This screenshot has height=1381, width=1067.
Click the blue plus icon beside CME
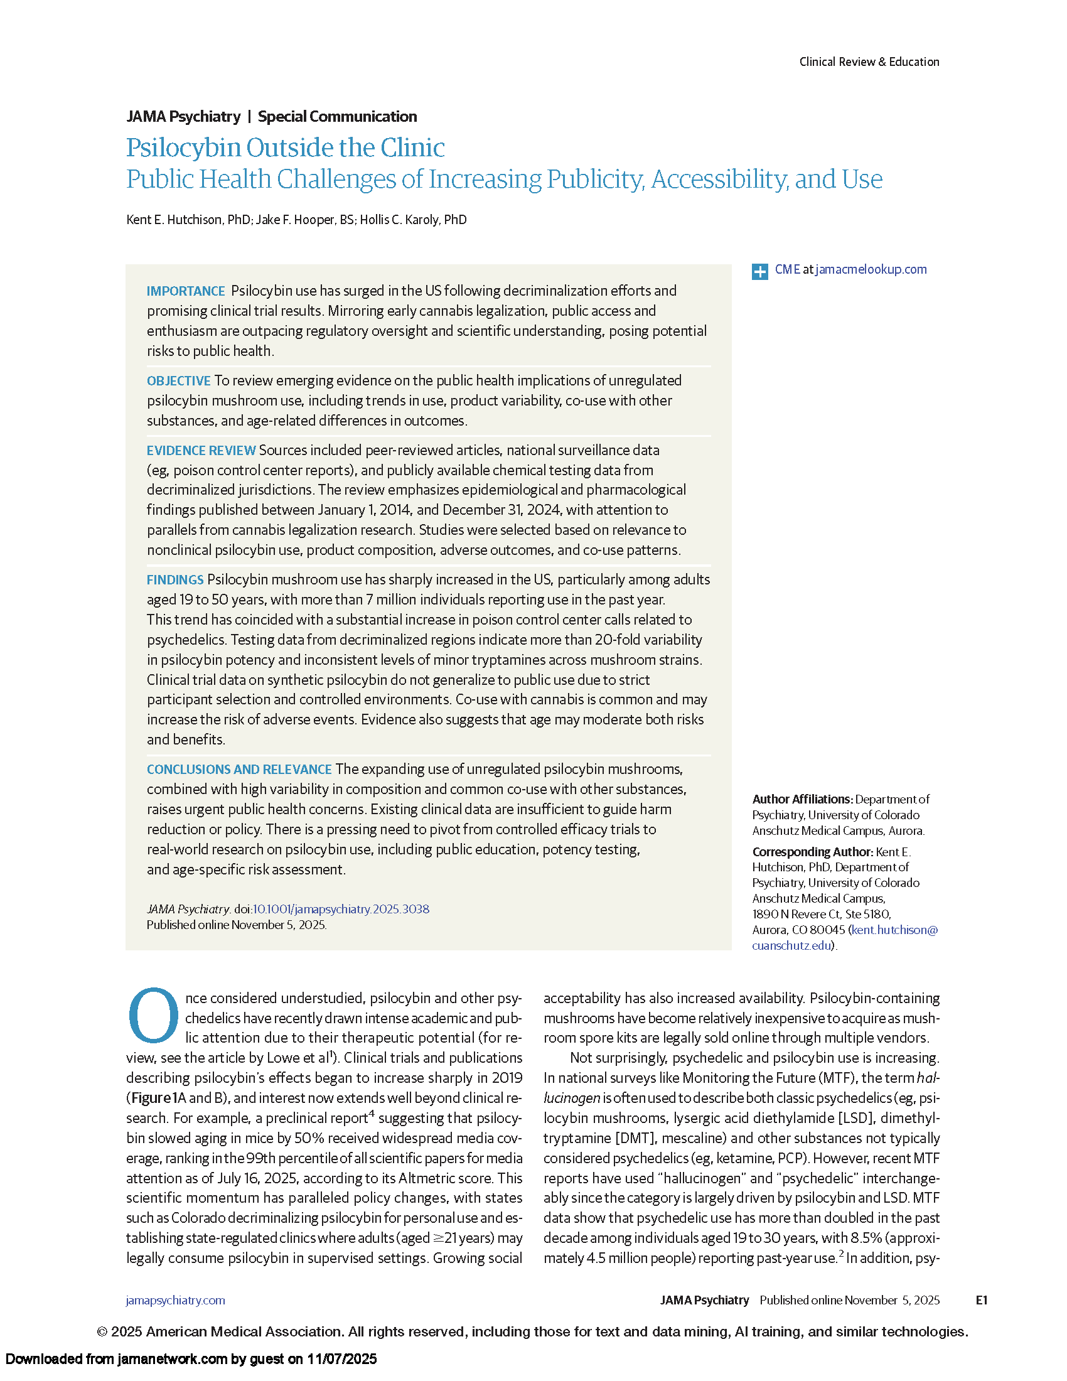759,271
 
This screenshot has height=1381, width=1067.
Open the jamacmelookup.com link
871,269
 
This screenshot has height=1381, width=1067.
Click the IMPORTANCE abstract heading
186,291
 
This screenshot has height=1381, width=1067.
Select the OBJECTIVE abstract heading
178,380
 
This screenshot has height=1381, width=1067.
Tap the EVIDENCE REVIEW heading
201,450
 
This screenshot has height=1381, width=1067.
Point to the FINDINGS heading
175,579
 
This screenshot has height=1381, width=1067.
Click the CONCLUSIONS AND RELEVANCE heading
239,769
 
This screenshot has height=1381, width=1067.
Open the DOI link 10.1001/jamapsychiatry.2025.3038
341,909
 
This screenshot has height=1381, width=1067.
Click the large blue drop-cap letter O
154,1015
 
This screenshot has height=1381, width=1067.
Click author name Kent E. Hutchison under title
174,220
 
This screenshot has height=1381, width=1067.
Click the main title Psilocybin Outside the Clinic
285,148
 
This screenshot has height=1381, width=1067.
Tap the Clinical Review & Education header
869,62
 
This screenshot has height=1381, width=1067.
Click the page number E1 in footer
981,1300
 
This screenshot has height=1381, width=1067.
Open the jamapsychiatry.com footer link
175,1300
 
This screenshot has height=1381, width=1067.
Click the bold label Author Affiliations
802,799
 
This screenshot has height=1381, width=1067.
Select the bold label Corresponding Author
812,852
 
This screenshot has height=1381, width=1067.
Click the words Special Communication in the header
337,116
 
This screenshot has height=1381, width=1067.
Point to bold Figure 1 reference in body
155,1098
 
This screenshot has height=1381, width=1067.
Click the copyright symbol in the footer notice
102,1331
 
